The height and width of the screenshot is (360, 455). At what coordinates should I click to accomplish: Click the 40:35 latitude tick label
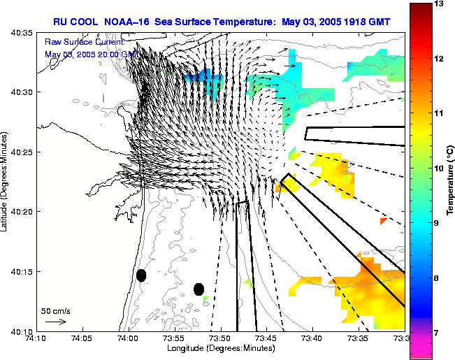pos(21,33)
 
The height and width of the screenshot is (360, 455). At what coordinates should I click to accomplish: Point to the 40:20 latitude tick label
pos(21,212)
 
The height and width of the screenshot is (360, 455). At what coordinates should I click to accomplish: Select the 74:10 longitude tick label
pos(36,338)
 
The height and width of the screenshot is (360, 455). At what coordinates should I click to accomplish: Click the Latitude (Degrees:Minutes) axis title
pos(6,181)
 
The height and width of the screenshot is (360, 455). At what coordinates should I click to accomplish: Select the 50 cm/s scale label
pos(55,310)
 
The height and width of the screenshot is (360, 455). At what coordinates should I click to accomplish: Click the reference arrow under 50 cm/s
pos(55,322)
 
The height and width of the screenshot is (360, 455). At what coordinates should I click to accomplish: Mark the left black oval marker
pos(141,275)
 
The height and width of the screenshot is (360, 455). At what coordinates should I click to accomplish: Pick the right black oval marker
pos(199,289)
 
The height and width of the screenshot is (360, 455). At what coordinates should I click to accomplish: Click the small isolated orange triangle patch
pos(382,222)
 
